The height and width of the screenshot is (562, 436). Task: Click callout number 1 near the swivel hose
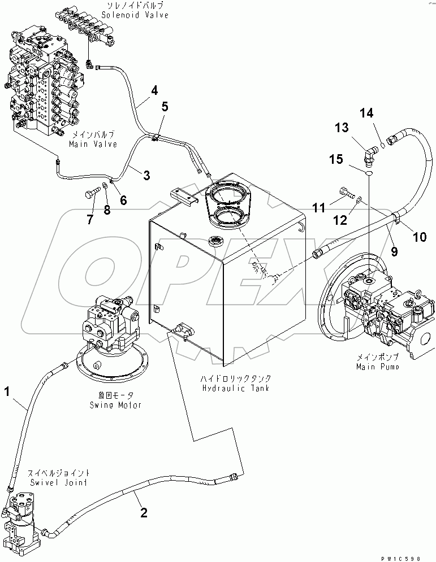(7, 390)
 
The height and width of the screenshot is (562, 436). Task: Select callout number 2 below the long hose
(144, 512)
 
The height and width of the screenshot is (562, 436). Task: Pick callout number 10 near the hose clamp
(420, 237)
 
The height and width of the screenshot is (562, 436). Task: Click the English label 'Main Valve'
(93, 144)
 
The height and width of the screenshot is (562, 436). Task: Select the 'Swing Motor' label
(115, 405)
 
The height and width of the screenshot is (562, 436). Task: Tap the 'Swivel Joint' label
(51, 482)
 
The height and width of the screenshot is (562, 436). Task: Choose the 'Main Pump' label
(377, 367)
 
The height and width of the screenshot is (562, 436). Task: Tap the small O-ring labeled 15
(368, 175)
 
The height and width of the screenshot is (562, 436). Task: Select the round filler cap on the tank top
(216, 241)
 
